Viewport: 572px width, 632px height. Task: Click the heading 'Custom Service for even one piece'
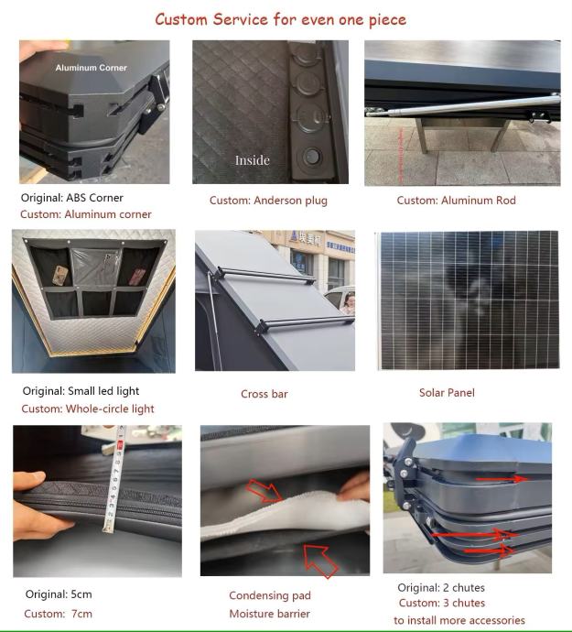coord(280,19)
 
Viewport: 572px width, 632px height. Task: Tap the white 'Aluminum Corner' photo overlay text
coord(91,68)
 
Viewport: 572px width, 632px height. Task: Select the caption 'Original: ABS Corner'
coord(71,198)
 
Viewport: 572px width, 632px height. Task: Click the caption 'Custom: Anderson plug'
coord(268,201)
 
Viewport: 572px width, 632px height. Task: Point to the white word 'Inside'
coord(253,160)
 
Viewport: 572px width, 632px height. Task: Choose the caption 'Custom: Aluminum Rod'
coord(456,201)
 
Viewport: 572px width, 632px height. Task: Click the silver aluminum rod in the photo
coord(463,105)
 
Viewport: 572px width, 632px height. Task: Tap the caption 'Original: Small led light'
coord(81,391)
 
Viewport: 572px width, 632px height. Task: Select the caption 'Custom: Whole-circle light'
coord(88,409)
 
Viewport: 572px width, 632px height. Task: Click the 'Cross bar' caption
coord(264,394)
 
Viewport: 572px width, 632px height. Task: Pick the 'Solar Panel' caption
coord(447,393)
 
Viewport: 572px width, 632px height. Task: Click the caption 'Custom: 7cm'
coord(58,614)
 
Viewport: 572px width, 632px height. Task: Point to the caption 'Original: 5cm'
coord(59,594)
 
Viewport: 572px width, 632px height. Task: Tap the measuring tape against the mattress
coord(114,480)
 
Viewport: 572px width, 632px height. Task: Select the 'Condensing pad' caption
coord(270,595)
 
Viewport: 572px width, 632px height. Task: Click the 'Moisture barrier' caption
coord(269,614)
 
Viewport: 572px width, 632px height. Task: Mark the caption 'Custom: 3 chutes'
coord(442,603)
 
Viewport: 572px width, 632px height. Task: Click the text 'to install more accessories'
coord(459,620)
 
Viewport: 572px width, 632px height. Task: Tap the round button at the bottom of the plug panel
coord(311,157)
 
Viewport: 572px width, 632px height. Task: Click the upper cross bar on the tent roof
coord(264,275)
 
